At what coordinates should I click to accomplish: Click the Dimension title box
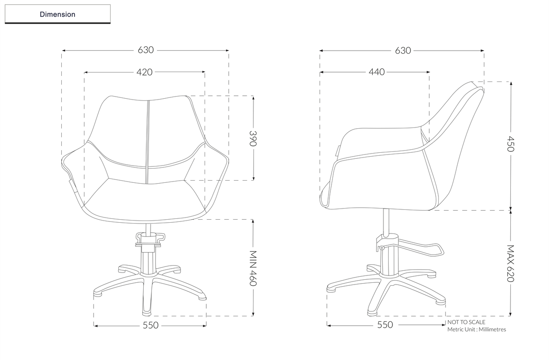point(57,14)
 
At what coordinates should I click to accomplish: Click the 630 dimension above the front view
point(146,50)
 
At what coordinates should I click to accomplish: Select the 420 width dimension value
point(145,72)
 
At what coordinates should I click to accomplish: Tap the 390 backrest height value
point(253,138)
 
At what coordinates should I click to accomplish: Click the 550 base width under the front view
point(151,325)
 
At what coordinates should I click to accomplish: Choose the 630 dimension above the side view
point(403,50)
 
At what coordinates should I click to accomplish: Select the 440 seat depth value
point(377,72)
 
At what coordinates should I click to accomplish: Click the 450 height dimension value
point(510,144)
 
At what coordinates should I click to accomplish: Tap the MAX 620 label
point(510,263)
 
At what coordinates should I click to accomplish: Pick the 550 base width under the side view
point(385,325)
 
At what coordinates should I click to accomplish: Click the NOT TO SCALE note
point(466,322)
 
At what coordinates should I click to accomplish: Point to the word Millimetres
point(492,330)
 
